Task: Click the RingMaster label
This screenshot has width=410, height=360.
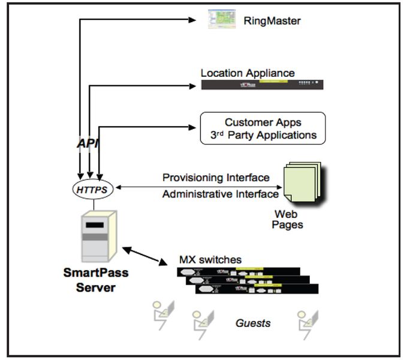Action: [x=272, y=22]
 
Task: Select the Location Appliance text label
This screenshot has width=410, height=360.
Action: [x=248, y=73]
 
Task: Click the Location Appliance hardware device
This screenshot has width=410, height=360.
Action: [x=262, y=85]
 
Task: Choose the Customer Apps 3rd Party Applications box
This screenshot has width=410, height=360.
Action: [x=263, y=128]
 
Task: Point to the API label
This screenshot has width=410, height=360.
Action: [x=88, y=144]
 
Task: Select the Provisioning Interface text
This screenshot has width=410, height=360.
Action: [x=215, y=178]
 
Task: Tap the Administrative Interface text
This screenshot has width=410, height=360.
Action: [x=220, y=194]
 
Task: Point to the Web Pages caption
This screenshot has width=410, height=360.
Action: [x=288, y=219]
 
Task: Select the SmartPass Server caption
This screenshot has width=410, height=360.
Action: [x=96, y=280]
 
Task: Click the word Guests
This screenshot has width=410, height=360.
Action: [x=252, y=323]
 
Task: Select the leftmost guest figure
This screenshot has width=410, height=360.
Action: [x=161, y=316]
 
